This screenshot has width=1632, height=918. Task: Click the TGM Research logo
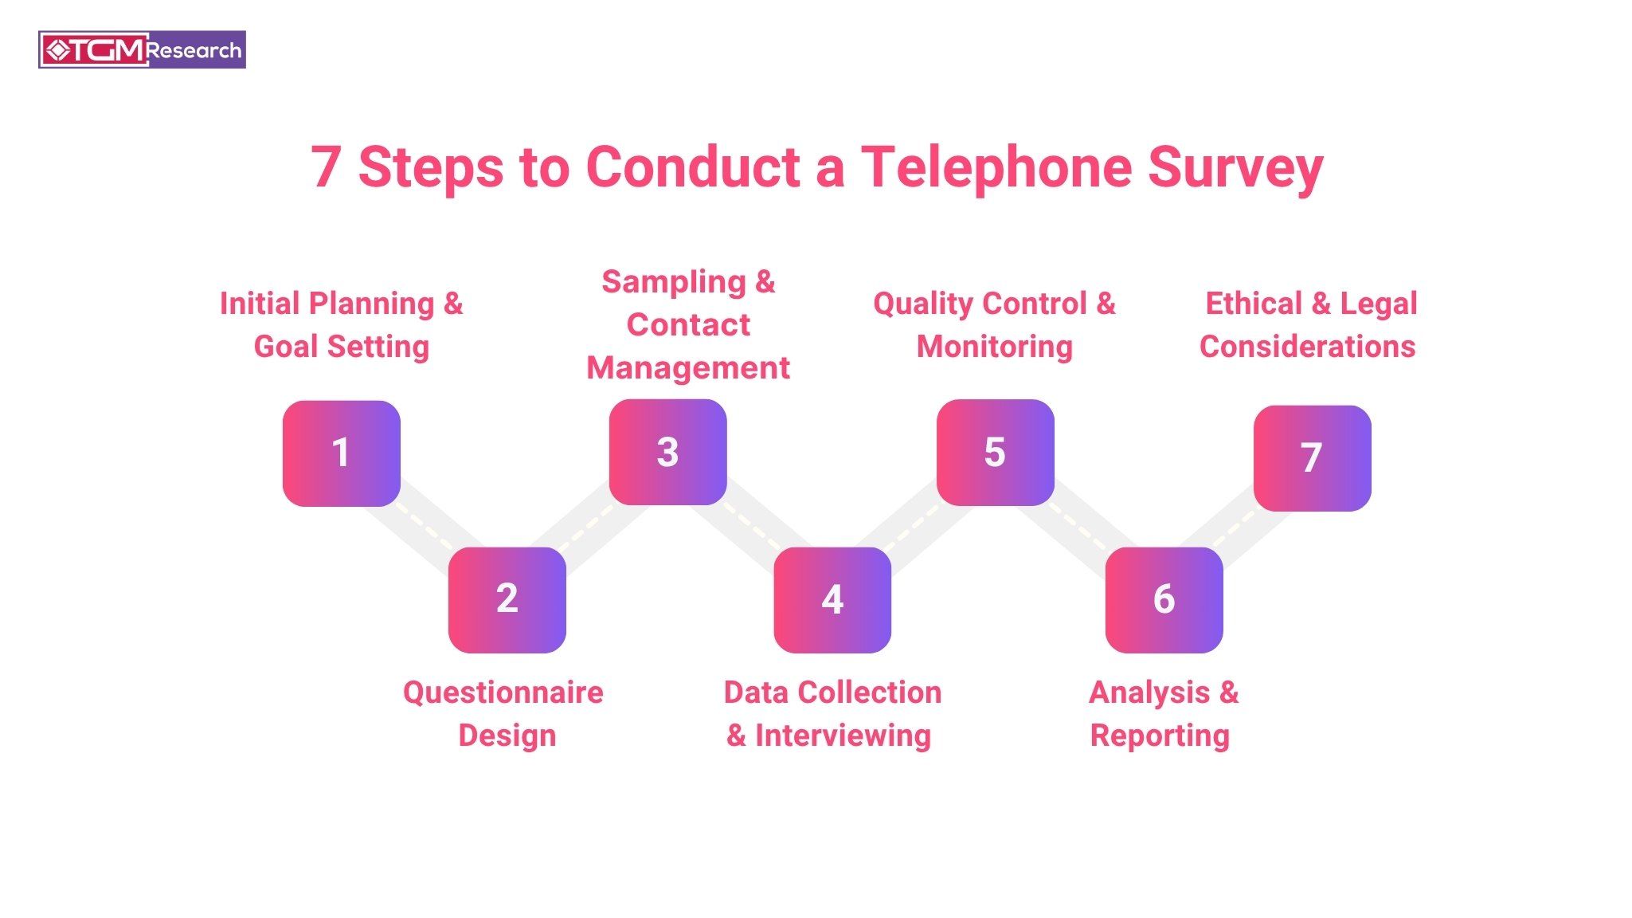click(x=142, y=50)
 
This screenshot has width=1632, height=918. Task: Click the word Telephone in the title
click(x=996, y=167)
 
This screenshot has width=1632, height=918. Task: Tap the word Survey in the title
click(x=1235, y=169)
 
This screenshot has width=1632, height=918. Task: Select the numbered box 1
click(x=341, y=453)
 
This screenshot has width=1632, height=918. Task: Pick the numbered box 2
click(x=507, y=599)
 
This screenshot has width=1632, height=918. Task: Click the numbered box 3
click(x=667, y=452)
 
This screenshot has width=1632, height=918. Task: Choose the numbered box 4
click(x=832, y=599)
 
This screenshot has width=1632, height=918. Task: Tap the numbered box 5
click(x=995, y=452)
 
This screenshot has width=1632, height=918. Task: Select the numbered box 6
click(x=1164, y=599)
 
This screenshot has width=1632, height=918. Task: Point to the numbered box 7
click(x=1312, y=458)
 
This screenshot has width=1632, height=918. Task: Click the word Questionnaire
click(x=503, y=692)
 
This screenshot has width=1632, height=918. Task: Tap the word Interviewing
click(x=843, y=736)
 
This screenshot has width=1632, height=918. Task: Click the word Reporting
click(x=1160, y=736)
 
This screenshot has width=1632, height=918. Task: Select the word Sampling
click(x=673, y=282)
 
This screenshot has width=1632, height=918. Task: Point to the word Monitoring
click(x=995, y=347)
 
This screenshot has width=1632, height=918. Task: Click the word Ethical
click(x=1253, y=304)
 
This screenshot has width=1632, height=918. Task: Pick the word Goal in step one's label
click(x=285, y=347)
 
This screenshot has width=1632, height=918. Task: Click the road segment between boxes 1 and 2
click(x=422, y=525)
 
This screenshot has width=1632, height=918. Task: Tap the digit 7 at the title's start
click(x=325, y=167)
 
